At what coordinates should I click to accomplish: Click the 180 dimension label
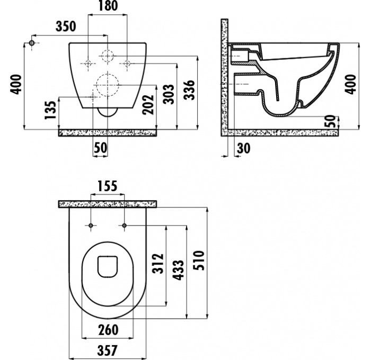click(108, 6)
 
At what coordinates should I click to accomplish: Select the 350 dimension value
click(66, 26)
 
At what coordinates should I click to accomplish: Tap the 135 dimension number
click(51, 110)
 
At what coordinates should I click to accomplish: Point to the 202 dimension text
click(148, 104)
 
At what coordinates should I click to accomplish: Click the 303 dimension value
click(169, 94)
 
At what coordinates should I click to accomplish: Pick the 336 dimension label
click(189, 90)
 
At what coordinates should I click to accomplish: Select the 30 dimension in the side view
click(243, 148)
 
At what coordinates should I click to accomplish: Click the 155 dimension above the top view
click(108, 186)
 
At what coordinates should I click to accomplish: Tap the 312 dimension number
click(158, 263)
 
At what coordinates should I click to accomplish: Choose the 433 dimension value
click(178, 270)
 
